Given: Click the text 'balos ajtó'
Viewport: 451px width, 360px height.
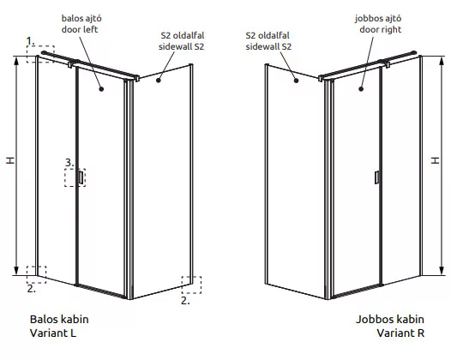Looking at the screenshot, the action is [81, 18].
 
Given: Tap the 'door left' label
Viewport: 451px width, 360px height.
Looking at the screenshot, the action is [80, 29].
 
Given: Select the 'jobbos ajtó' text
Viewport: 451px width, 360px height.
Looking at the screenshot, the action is [378, 18].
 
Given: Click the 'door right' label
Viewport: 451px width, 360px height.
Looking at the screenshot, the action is [380, 29].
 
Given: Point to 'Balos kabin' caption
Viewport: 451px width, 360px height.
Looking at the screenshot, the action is [59, 319].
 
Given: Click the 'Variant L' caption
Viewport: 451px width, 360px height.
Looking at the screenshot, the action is [53, 333].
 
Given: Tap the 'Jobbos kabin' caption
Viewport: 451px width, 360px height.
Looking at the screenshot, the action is [390, 319].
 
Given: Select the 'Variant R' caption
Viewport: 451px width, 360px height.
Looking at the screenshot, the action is [400, 333].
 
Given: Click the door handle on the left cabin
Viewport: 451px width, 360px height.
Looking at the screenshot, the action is [81, 177].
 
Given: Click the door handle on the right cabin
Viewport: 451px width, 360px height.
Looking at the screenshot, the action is [376, 177].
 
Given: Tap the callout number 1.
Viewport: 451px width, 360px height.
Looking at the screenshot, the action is [30, 41].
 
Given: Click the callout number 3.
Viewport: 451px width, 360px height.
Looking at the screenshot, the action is [69, 163].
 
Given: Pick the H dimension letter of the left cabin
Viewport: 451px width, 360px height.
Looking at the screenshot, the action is [10, 160].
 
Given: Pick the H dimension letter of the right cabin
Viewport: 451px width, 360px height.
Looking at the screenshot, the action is [436, 160].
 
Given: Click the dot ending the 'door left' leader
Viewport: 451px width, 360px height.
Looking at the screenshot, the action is [101, 89].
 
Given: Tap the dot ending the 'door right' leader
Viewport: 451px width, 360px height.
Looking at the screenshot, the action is [361, 89].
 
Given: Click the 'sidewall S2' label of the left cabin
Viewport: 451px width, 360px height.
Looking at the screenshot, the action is [181, 46].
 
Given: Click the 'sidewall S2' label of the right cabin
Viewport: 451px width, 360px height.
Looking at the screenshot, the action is [268, 46].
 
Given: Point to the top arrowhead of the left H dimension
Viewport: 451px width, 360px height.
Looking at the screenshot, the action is [16, 61].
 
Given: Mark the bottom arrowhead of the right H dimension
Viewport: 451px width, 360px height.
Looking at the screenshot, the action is [442, 271].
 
